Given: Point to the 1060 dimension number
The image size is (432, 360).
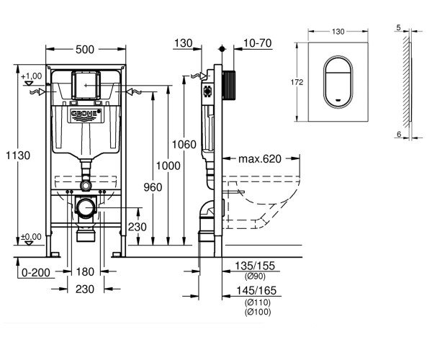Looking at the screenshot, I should [x=185, y=145].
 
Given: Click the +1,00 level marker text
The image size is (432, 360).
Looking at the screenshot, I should [x=32, y=76].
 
